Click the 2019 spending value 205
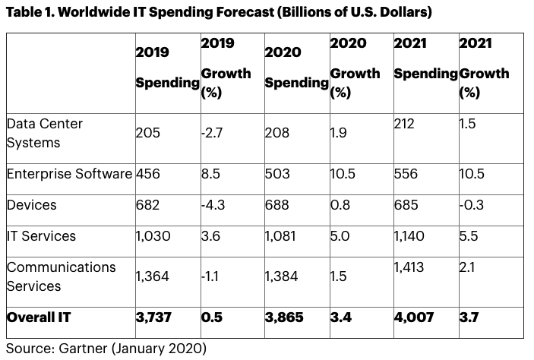[147, 133]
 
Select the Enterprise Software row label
[69, 174]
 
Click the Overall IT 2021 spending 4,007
[413, 317]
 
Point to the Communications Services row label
[61, 276]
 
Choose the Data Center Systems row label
[44, 133]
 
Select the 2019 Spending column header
[166, 68]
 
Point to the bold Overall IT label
[42, 317]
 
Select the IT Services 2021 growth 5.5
[469, 236]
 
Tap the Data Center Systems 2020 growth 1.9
[339, 133]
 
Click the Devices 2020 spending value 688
[276, 205]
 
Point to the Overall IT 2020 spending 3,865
[284, 317]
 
